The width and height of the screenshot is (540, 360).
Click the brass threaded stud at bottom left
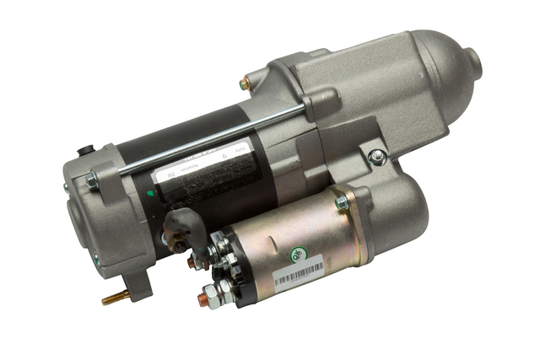pos(115,298)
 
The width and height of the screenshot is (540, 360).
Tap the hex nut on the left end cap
pos(90,179)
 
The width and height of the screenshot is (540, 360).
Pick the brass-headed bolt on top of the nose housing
pos(244,83)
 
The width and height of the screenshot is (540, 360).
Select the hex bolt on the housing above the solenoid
pos(377,157)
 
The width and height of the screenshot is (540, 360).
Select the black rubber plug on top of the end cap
pos(82,152)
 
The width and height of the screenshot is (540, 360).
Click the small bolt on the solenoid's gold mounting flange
pos(342,202)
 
